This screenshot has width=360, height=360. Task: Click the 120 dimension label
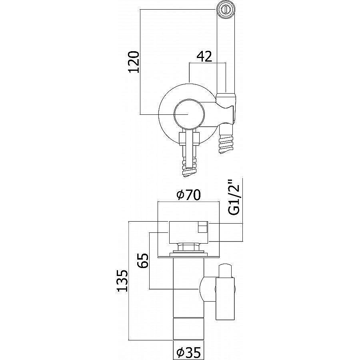134,62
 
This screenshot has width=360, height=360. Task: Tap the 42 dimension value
204,56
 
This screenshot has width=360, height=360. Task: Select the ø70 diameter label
189,195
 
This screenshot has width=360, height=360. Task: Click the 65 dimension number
143,261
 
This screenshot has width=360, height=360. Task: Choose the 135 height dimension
122,280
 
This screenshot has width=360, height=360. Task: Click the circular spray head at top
227,9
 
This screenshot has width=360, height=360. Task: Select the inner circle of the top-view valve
189,114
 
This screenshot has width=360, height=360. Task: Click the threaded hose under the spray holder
226,139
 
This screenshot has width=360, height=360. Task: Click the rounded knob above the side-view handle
226,271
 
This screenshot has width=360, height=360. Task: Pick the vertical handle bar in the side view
225,298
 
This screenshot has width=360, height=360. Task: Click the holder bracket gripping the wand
226,108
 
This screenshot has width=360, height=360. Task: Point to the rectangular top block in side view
188,232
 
